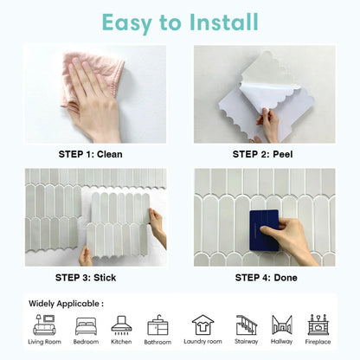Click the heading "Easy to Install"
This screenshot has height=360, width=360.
[x=179, y=21]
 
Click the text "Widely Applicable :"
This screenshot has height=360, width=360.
[x=66, y=304]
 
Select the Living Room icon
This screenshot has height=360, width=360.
[x=44, y=325]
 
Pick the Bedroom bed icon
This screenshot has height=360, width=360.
[x=87, y=325]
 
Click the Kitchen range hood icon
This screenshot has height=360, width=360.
[x=122, y=325]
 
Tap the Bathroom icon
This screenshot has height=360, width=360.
[x=158, y=325]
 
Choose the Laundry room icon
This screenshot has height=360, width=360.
[x=202, y=325]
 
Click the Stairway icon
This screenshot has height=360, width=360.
[x=247, y=325]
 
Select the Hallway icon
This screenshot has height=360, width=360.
[x=281, y=325]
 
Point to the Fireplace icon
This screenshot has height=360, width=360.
[x=318, y=325]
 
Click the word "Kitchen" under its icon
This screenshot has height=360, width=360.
[x=122, y=341]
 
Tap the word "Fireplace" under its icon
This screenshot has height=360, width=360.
[x=318, y=341]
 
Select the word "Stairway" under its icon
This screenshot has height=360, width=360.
[x=247, y=341]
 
